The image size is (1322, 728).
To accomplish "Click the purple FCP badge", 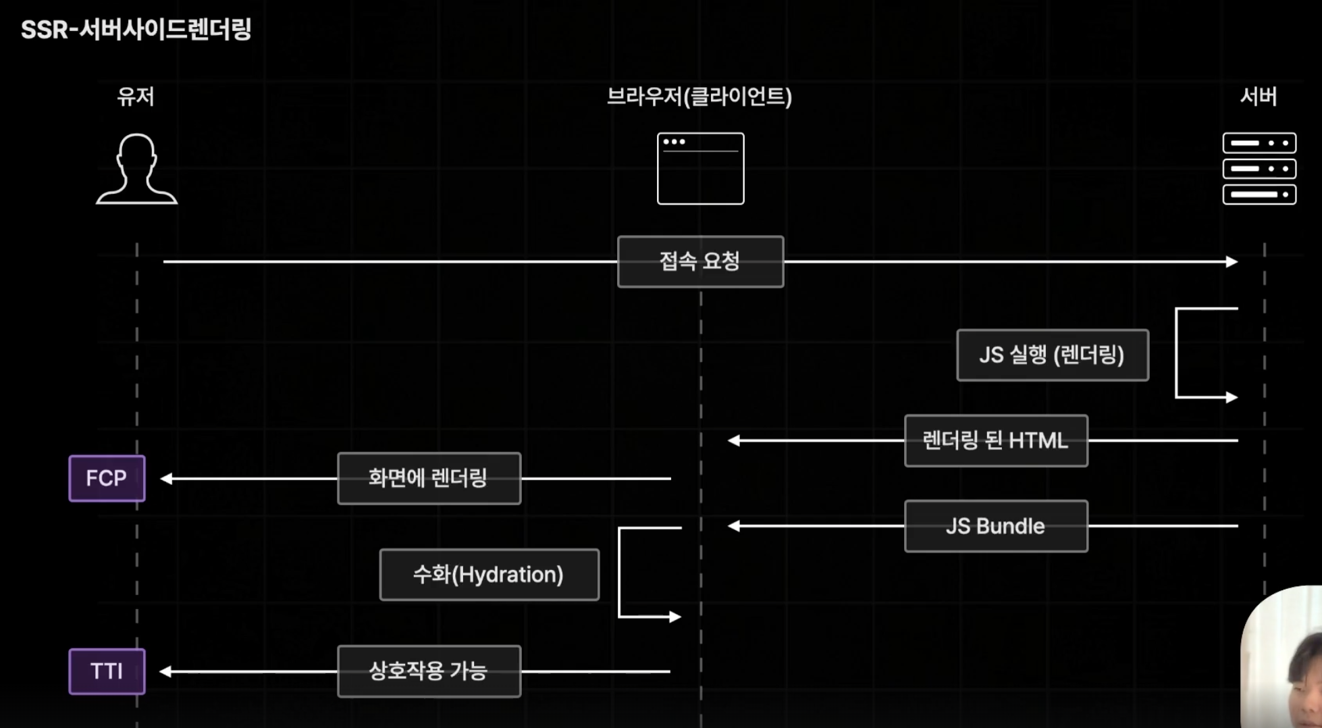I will (x=107, y=478).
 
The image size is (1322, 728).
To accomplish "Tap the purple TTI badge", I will (x=107, y=671).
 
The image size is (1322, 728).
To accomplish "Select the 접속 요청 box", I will (x=700, y=261).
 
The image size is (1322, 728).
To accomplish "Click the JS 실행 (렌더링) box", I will (x=1052, y=355).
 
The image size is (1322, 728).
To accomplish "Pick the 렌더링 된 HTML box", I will (x=996, y=441).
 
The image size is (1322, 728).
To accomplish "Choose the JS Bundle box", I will (x=996, y=526).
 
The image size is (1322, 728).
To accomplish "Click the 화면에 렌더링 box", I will (x=429, y=478).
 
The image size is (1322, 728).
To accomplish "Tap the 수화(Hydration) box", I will (x=489, y=575).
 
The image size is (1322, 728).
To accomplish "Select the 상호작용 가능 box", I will (x=429, y=671).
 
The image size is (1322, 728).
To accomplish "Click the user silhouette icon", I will (x=136, y=169).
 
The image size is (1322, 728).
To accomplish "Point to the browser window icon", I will (x=700, y=169).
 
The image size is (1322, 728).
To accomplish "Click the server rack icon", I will (x=1259, y=169).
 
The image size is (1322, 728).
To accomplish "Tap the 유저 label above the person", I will (x=136, y=97).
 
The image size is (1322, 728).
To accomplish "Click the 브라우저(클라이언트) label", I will (x=699, y=97).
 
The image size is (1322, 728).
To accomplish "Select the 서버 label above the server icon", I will (x=1259, y=97).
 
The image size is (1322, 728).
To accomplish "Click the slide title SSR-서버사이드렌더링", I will (x=136, y=30).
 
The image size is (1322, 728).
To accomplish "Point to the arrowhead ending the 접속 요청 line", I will (x=1232, y=261).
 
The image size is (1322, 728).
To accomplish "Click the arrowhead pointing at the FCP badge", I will (x=166, y=478).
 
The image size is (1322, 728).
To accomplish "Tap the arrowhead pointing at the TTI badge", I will (x=166, y=671).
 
